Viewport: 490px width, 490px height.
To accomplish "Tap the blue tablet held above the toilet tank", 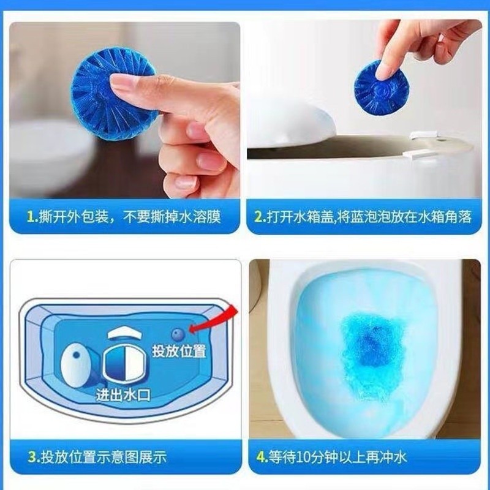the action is [x=377, y=88].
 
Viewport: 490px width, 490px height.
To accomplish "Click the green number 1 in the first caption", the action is [x=31, y=217].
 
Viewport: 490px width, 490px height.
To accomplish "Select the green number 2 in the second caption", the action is [x=259, y=217].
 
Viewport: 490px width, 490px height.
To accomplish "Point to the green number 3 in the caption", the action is [x=32, y=457].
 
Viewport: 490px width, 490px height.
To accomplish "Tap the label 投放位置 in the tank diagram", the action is [x=179, y=350].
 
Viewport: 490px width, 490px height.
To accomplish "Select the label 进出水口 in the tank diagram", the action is [x=123, y=394].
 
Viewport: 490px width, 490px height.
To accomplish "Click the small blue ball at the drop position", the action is [x=178, y=334].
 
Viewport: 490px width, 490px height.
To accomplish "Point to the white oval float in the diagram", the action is [x=76, y=364].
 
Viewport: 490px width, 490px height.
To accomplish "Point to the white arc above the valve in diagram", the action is [x=124, y=333].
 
